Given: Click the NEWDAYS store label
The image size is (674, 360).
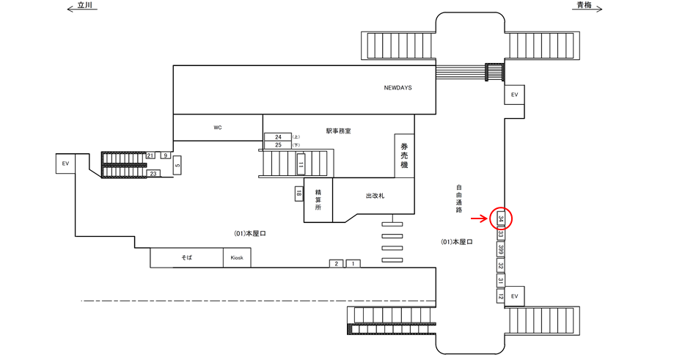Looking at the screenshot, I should click(398, 88).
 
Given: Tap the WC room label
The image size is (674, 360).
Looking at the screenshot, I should click(218, 128).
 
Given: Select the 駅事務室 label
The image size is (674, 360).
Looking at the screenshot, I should click(338, 131).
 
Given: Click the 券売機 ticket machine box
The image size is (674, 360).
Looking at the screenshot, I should click(403, 156).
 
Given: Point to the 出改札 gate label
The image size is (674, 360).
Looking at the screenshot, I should click(375, 196).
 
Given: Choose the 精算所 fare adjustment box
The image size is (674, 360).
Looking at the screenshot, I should click(318, 198).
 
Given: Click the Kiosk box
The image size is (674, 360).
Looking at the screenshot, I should click(237, 258).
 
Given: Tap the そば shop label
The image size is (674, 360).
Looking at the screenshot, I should click(186, 258).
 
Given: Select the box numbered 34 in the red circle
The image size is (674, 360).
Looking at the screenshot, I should click(500, 218).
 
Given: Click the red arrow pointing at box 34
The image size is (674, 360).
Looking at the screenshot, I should click(480, 218).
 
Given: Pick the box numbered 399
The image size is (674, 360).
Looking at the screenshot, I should click(500, 251).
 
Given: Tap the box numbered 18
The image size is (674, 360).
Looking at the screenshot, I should click(299, 194).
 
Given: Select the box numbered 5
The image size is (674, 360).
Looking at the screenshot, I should click(177, 166).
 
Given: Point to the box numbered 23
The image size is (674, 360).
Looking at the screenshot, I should click(154, 174).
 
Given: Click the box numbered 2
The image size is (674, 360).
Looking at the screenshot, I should click(337, 263).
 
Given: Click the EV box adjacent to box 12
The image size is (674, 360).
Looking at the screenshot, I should click(514, 295).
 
